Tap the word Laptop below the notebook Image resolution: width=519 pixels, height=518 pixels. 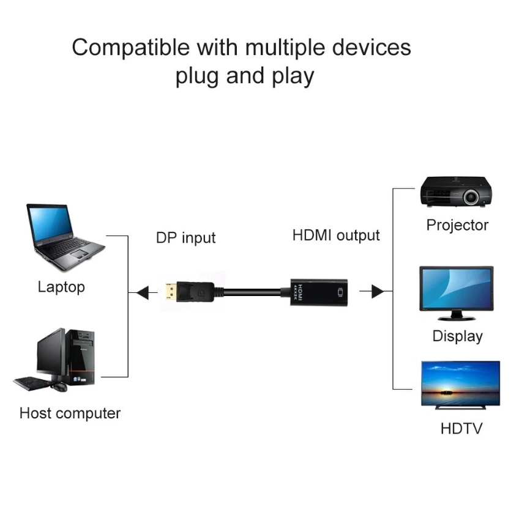tap(61, 287)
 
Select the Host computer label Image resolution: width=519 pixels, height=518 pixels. tap(70, 413)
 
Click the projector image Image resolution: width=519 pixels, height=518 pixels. tap(457, 193)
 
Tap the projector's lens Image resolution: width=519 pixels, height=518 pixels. tap(470, 197)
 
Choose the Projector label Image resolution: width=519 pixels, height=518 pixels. tap(457, 225)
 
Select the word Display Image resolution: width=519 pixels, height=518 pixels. tap(457, 336)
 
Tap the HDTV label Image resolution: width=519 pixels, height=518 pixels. tap(461, 428)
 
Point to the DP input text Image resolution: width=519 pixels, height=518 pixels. tap(185, 237)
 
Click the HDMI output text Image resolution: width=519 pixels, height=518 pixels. tap(336, 235)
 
